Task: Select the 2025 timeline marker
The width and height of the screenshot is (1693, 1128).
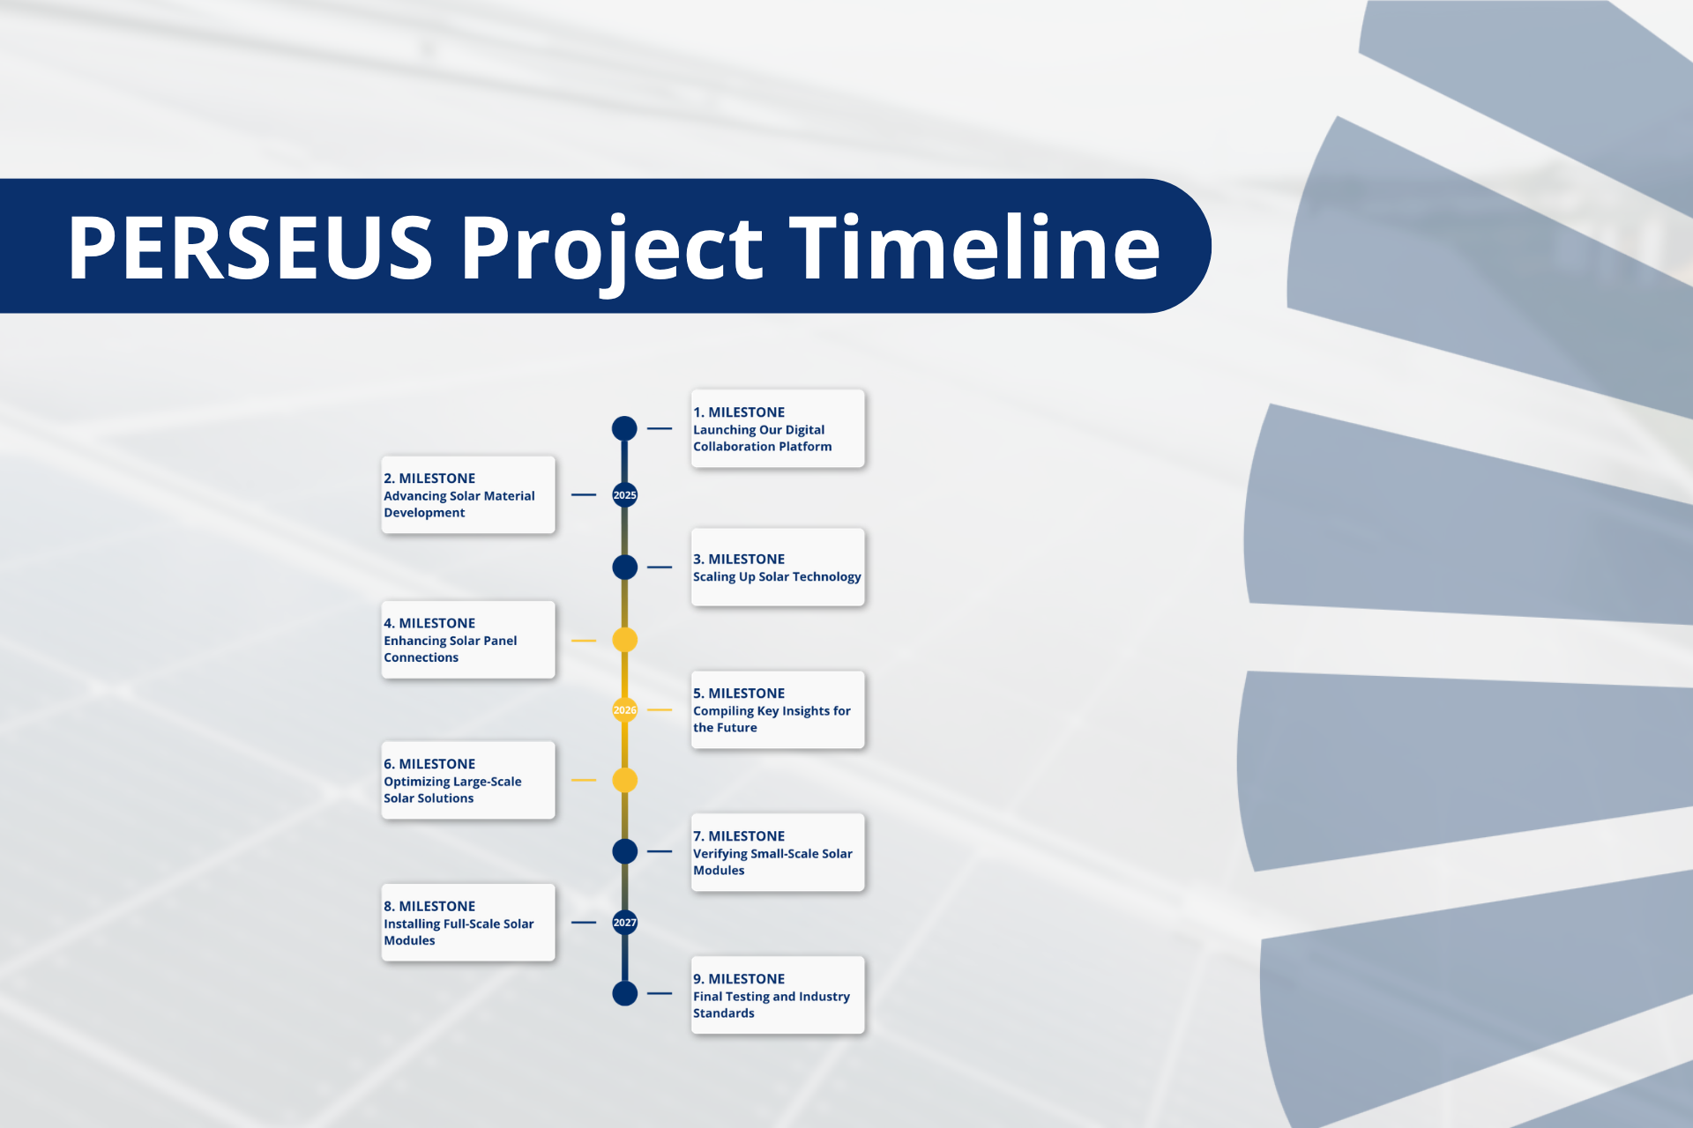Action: [x=624, y=495]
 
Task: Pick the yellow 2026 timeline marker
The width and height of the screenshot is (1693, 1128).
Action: [x=624, y=709]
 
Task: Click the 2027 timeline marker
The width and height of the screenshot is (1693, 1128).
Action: [x=624, y=923]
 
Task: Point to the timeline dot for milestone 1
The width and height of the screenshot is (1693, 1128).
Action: [x=624, y=428]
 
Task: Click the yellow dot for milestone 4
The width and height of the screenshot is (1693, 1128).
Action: [x=624, y=640]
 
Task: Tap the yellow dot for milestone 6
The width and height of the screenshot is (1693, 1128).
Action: [x=624, y=780]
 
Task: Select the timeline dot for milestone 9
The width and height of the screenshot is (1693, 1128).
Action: [x=624, y=993]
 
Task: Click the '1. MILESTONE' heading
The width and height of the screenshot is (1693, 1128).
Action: [x=738, y=412]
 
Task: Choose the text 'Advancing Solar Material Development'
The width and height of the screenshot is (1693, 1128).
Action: [x=459, y=504]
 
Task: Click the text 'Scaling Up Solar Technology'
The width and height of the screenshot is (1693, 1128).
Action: [x=776, y=577]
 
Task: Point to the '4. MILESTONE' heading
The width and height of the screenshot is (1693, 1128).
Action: [x=429, y=623]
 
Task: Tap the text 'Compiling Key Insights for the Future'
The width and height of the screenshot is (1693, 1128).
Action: [x=771, y=719]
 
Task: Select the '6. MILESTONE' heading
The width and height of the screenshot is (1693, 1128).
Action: [x=429, y=764]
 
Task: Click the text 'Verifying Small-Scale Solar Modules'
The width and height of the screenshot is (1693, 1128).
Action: [x=772, y=862]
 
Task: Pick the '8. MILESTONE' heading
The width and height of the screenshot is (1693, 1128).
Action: [x=429, y=906]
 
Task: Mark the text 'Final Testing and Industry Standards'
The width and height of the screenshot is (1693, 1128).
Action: [x=771, y=1005]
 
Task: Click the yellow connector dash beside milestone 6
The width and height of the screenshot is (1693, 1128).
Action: [x=584, y=780]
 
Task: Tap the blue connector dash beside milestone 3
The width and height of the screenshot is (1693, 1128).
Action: [x=660, y=568]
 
